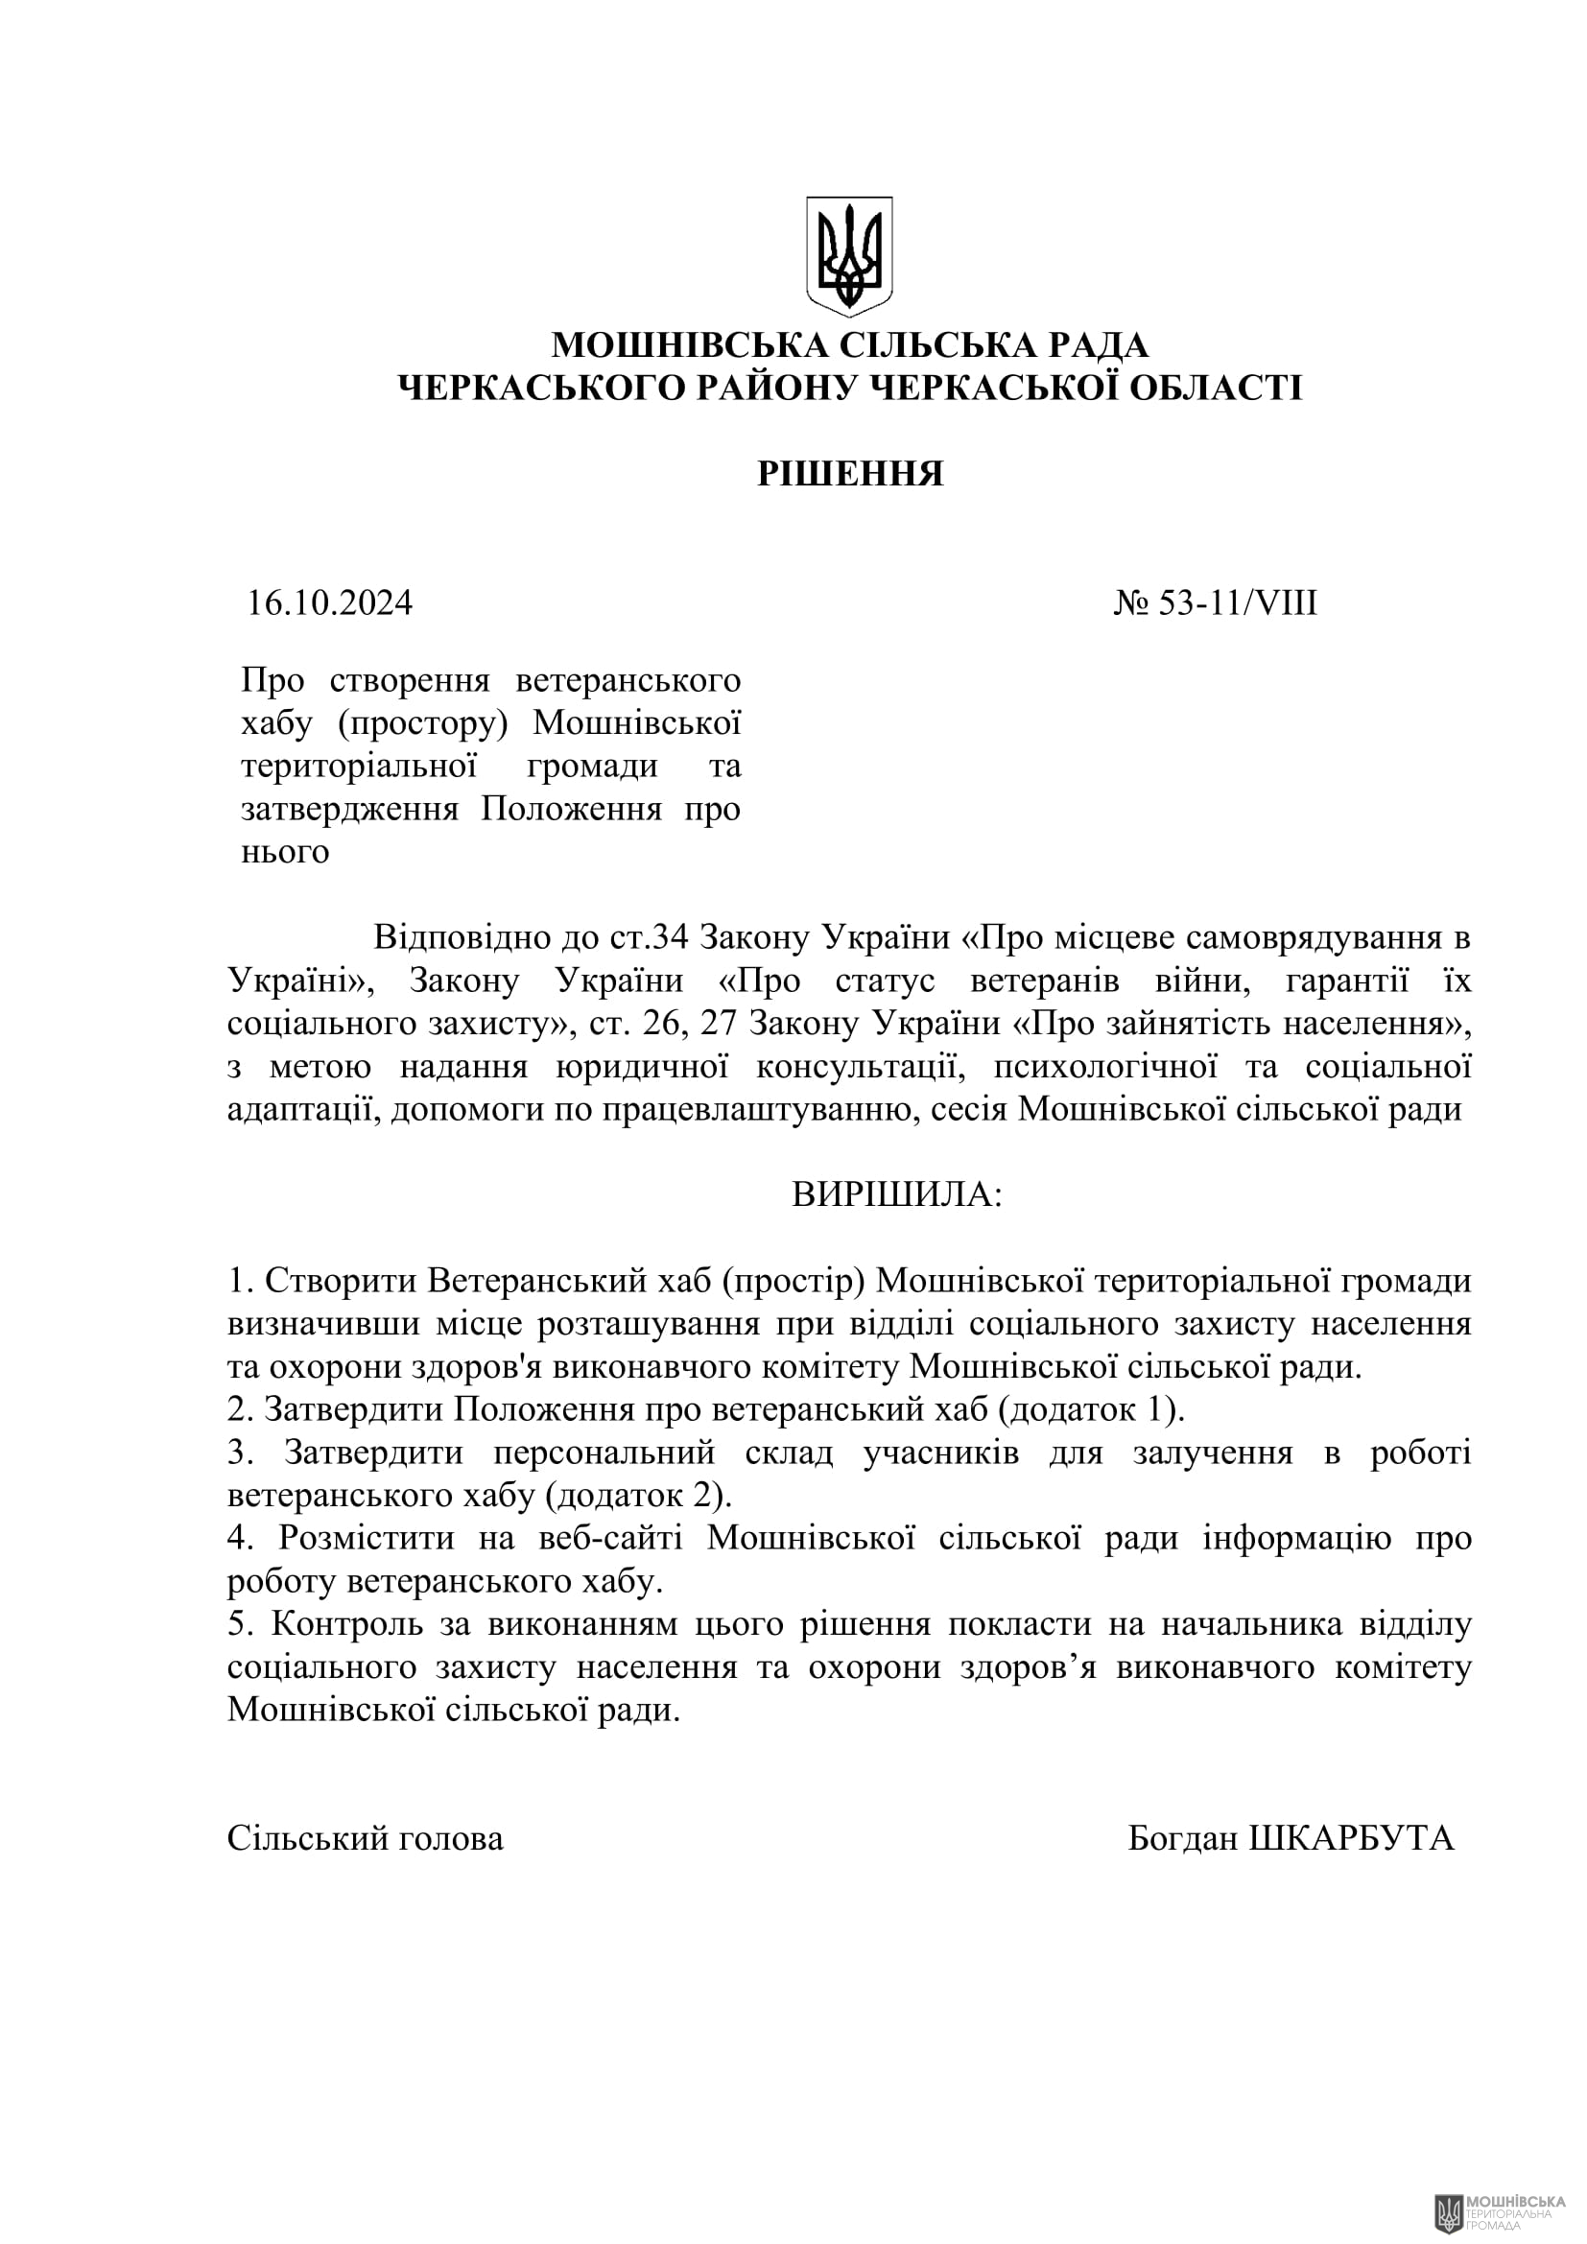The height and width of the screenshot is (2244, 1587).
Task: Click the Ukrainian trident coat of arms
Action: pos(849,256)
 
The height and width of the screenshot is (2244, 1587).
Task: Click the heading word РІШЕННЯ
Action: pos(850,474)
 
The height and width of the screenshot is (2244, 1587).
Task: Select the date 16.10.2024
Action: pos(329,603)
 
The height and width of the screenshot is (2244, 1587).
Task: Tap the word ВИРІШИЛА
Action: pos(895,1194)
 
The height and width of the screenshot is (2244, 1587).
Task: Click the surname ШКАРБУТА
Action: pos(1352,1838)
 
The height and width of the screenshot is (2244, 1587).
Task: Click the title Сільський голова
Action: pos(366,1838)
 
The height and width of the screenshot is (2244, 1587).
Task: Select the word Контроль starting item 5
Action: pos(347,1624)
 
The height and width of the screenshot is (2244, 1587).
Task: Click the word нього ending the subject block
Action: pos(285,851)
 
